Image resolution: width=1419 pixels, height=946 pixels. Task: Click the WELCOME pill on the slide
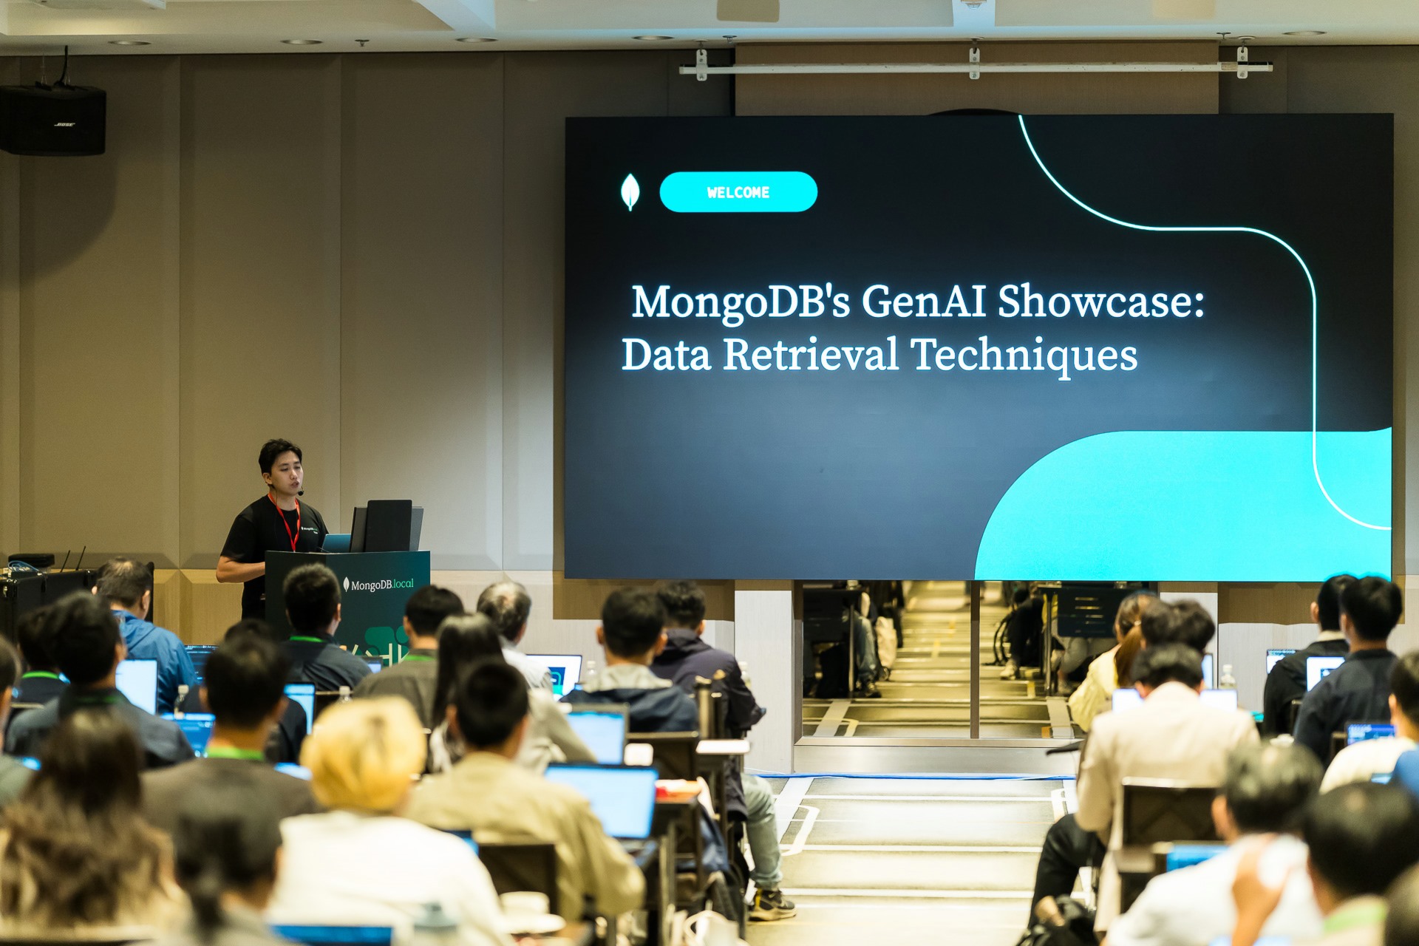[x=738, y=192]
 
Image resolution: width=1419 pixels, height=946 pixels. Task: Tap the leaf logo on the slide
[x=630, y=192]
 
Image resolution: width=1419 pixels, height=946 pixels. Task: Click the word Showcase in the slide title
[x=1101, y=302]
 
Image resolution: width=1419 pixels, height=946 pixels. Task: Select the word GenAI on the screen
[x=924, y=302]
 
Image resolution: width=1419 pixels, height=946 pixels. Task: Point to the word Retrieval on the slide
[x=811, y=355]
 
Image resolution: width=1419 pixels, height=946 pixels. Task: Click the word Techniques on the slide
[x=1024, y=356]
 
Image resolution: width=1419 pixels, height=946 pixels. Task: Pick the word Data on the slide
[x=667, y=355]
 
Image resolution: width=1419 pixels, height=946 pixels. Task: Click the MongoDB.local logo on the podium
[x=378, y=585]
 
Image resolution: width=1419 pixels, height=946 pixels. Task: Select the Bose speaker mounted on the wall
[x=52, y=120]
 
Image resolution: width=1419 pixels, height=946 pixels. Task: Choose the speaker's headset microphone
[x=299, y=490]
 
